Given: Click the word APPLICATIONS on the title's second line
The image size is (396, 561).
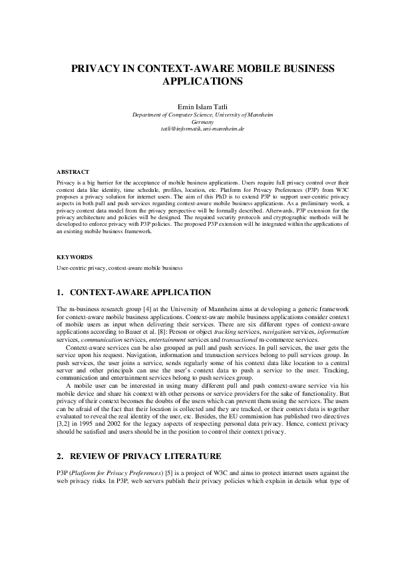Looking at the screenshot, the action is [x=198, y=82].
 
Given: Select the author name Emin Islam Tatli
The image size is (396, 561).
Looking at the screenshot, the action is [x=198, y=107].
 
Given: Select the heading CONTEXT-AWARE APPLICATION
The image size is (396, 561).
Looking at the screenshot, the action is [x=140, y=292].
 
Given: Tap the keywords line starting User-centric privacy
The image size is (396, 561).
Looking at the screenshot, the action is [x=120, y=268].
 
